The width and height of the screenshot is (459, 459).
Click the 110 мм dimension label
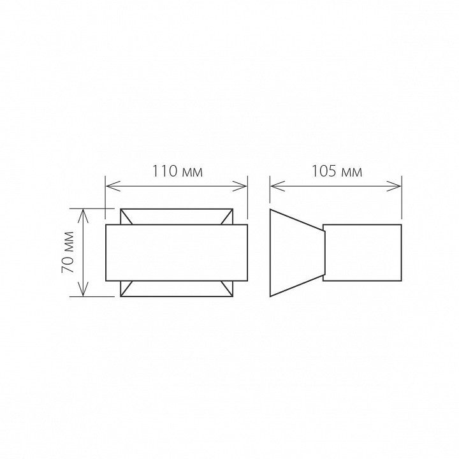pos(177,171)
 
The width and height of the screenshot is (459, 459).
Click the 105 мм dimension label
pos(337,171)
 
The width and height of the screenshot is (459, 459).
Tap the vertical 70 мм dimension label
pos(68,252)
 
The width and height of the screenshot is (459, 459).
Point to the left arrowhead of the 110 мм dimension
pos(113,186)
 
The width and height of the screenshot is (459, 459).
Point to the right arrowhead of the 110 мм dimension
pos(240,186)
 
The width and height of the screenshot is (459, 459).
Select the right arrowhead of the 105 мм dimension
pos(394,186)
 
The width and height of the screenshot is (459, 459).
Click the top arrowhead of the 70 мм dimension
pos(84,216)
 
